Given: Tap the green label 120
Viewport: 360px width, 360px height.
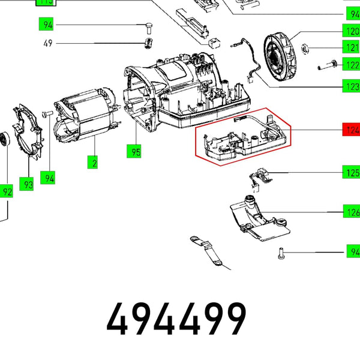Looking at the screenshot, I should pyautogui.click(x=351, y=31).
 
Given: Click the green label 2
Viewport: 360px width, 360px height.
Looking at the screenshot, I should pyautogui.click(x=93, y=161).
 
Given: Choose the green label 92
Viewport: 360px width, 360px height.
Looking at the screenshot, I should pyautogui.click(x=7, y=192).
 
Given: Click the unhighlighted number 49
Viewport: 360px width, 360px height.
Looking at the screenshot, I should pyautogui.click(x=48, y=44).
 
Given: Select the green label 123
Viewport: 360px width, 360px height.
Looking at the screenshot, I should pyautogui.click(x=351, y=86).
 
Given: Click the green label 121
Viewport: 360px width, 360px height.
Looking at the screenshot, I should pyautogui.click(x=351, y=47).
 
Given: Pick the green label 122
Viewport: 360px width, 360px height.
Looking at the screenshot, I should pyautogui.click(x=351, y=65).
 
